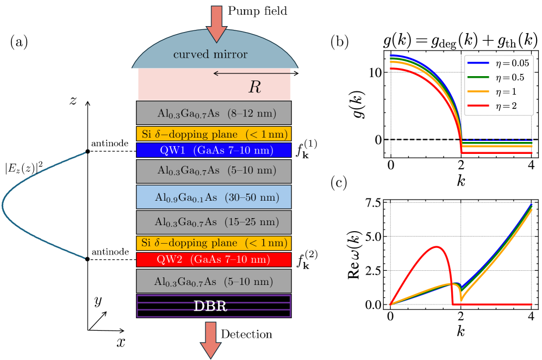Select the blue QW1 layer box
click(214, 150)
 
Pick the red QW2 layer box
click(214, 259)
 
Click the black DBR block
click(214, 306)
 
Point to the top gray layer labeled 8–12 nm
click(214, 113)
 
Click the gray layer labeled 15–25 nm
click(214, 221)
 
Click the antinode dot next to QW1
click(88, 152)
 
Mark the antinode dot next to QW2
click(88, 259)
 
